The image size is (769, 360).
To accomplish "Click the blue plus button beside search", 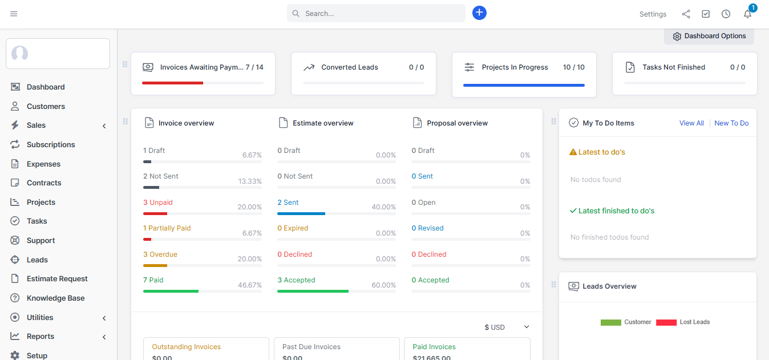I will click(x=479, y=13).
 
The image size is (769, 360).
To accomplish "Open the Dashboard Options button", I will click(x=709, y=36).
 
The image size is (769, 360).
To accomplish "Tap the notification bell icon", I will click(x=747, y=14).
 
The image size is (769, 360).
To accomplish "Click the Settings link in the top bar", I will click(x=653, y=14).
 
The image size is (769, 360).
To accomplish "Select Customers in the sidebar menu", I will click(x=46, y=106).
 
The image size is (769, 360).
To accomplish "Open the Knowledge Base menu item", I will click(x=55, y=298).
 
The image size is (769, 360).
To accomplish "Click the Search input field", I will click(x=377, y=13).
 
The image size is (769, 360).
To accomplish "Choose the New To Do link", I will click(x=731, y=123).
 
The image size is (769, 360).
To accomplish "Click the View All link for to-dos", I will click(x=691, y=123).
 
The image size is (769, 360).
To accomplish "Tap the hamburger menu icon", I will click(x=14, y=14).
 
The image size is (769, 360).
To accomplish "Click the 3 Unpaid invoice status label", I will click(x=158, y=203).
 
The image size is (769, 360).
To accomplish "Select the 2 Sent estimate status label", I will click(x=288, y=203).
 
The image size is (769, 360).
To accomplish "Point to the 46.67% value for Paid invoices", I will click(x=250, y=285).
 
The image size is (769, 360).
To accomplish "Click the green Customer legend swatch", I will click(x=610, y=322).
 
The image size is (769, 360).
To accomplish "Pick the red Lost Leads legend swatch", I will click(x=666, y=322).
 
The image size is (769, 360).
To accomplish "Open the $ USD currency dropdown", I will click(x=507, y=327).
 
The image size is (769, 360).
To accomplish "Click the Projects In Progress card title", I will click(x=515, y=67).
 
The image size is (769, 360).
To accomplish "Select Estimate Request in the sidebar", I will click(x=57, y=279).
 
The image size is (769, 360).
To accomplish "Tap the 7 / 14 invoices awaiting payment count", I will click(x=254, y=67).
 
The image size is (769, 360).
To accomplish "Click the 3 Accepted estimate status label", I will click(x=296, y=280).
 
